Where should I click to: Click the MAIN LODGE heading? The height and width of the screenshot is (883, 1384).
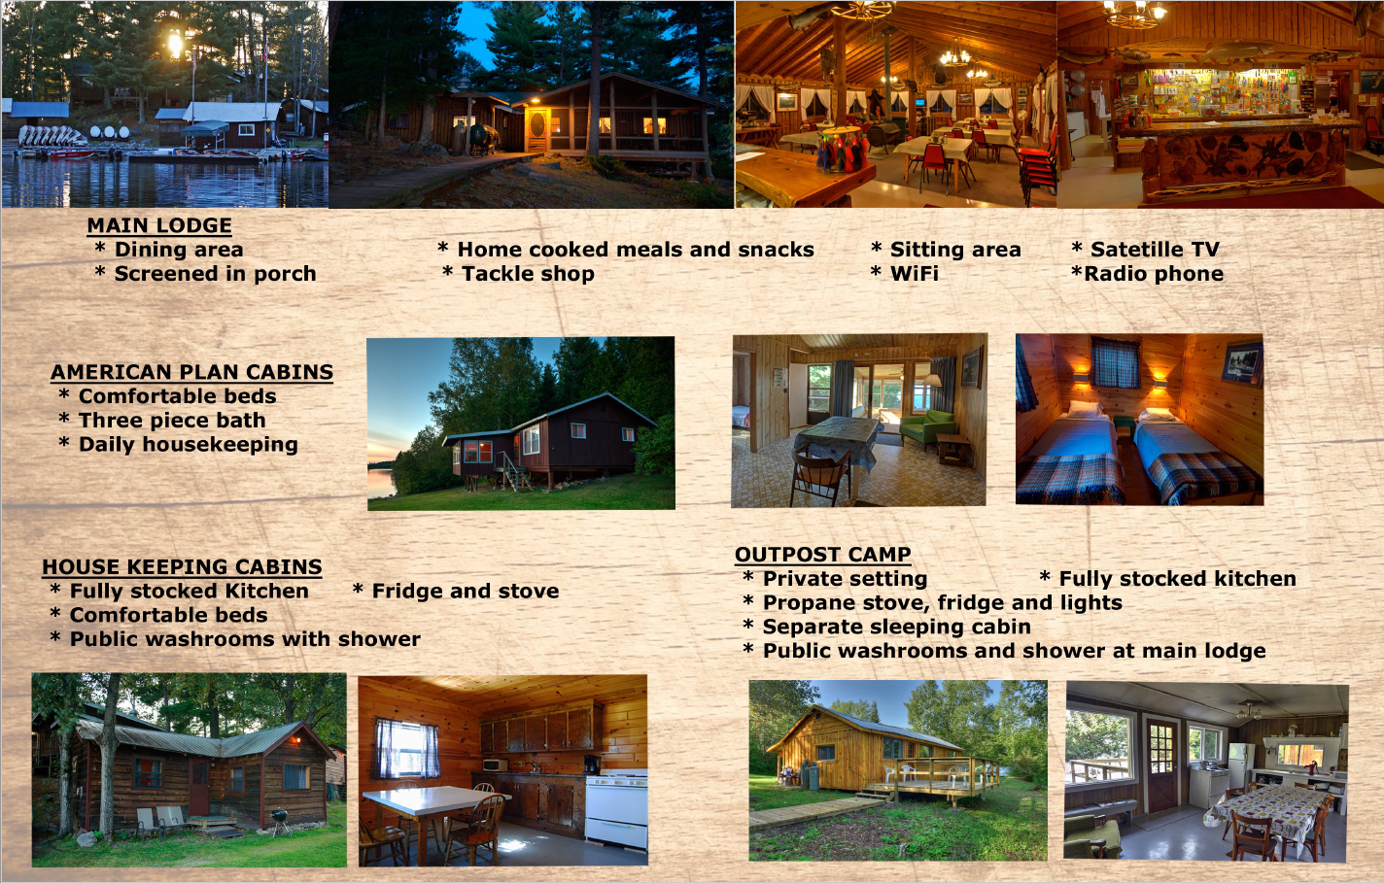tap(159, 225)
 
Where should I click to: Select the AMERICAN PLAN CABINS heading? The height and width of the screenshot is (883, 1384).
tap(191, 372)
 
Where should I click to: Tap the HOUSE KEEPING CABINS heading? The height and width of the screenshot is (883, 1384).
tap(183, 567)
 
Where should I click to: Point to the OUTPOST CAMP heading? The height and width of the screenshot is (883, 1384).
tap(823, 555)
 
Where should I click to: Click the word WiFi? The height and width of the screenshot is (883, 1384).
tap(914, 274)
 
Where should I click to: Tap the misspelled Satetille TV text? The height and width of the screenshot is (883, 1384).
tap(1155, 250)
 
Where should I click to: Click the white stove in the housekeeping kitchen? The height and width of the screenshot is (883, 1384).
tap(617, 809)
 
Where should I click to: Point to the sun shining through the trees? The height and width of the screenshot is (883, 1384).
tap(176, 45)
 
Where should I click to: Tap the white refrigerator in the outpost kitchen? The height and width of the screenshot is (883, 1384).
tap(1241, 765)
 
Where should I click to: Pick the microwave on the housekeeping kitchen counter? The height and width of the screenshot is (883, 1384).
tap(495, 765)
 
